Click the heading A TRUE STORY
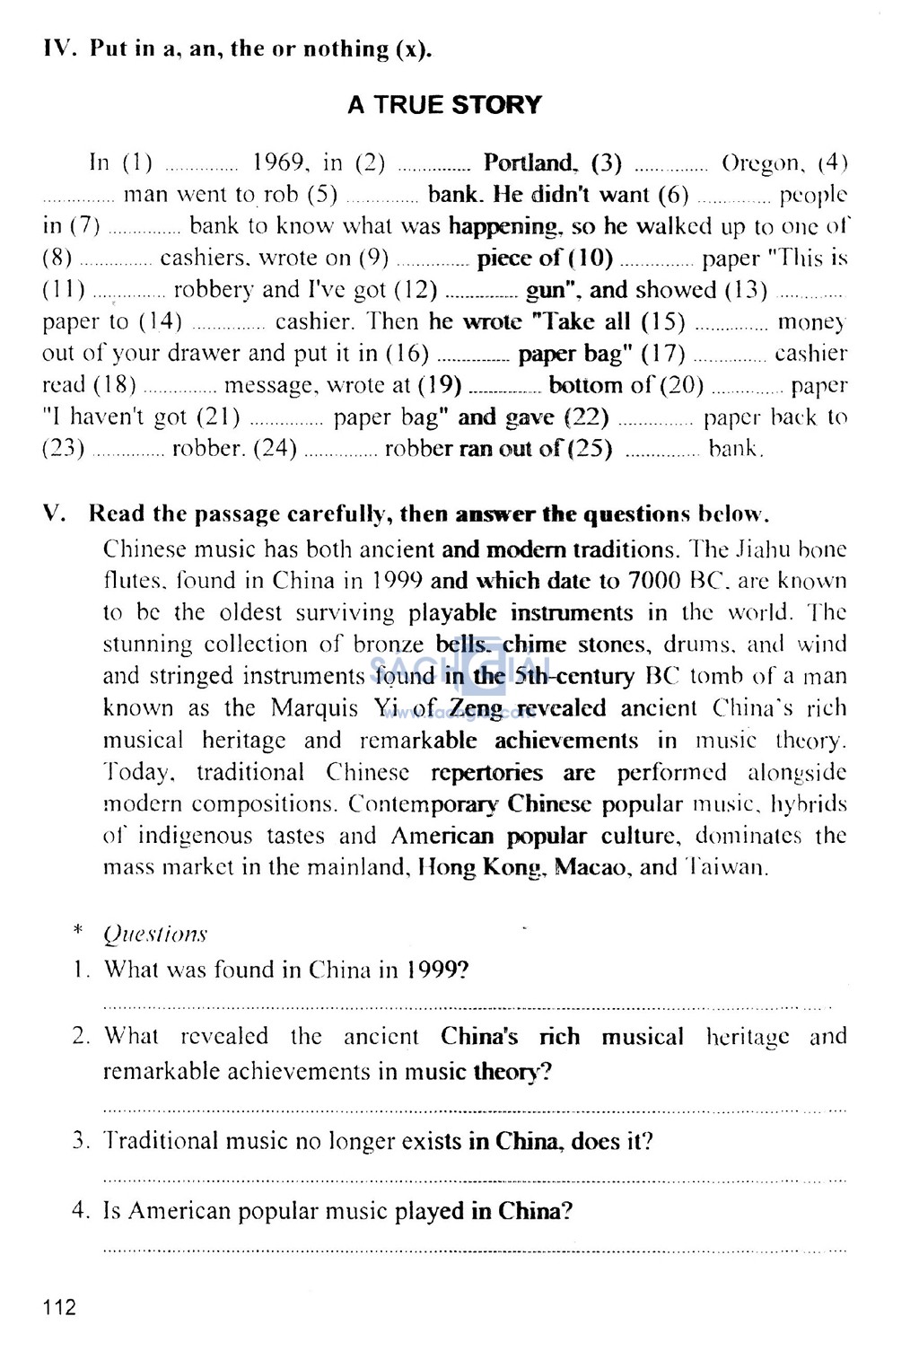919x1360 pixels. pyautogui.click(x=444, y=105)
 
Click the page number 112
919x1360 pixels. pyautogui.click(x=59, y=1306)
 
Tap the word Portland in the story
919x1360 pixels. pyautogui.click(x=529, y=162)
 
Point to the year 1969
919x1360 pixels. pyautogui.click(x=281, y=162)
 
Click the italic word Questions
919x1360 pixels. pyautogui.click(x=155, y=934)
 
